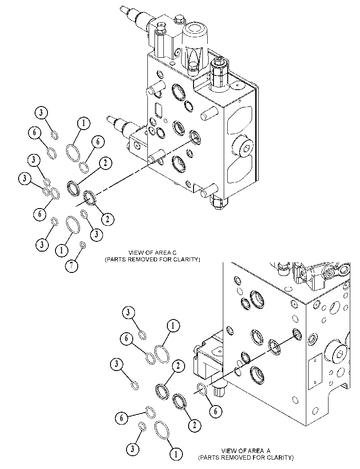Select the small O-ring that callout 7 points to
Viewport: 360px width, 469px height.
click(83, 245)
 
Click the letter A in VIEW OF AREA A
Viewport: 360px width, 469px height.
click(268, 451)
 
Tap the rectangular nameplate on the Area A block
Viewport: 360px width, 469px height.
click(315, 371)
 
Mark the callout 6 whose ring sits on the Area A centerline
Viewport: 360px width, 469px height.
click(215, 411)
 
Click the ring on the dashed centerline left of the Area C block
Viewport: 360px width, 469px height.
click(90, 198)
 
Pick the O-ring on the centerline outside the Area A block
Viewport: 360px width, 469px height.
click(202, 388)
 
